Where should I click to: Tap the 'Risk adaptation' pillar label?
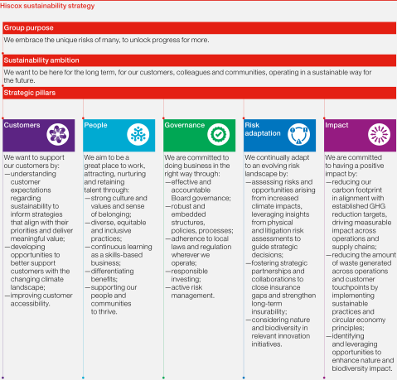pyautogui.click(x=259, y=131)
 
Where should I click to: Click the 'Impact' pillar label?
pyautogui.click(x=336, y=126)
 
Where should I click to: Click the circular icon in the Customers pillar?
pyautogui.click(x=58, y=134)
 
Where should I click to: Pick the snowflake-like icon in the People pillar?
pyautogui.click(x=138, y=134)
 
